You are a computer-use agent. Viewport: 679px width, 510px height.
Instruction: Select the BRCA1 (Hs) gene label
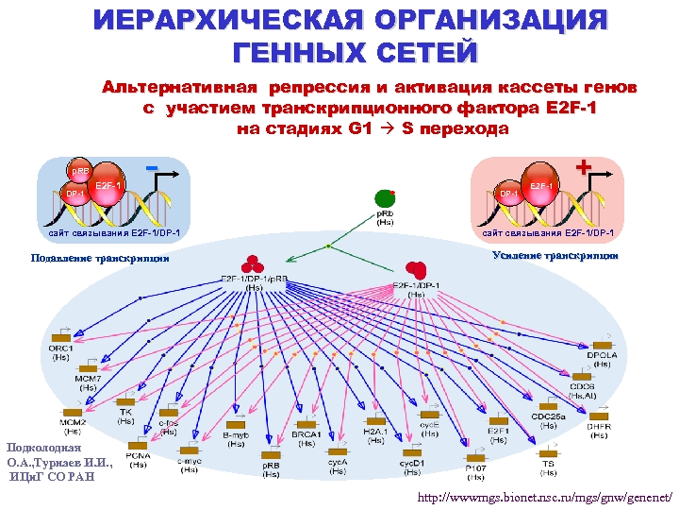coord(306,438)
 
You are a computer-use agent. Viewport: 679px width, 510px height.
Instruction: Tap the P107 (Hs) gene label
coord(476,470)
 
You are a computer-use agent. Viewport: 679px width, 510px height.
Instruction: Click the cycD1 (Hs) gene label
coord(410,468)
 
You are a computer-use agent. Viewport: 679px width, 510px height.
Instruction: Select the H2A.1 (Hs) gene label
coord(375,435)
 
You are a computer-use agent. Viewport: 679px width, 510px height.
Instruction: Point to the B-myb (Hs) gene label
coord(235,438)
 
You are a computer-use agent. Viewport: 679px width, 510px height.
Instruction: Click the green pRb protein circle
coord(384,198)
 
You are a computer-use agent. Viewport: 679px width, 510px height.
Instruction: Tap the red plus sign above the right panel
coord(583,167)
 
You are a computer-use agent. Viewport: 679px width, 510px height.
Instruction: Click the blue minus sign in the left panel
coord(151,168)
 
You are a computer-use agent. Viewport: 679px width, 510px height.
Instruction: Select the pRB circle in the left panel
coord(81,171)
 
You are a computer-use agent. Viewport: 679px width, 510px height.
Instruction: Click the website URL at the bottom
coord(546,496)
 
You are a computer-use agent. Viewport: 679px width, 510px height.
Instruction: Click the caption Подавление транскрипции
coord(100,257)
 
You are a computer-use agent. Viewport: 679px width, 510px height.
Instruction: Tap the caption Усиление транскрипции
coord(555,255)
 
